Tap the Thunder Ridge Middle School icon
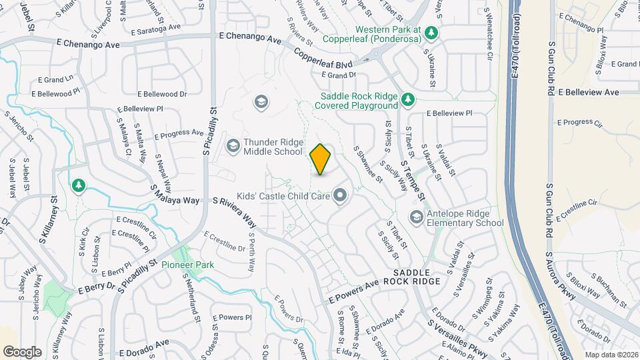(233, 145)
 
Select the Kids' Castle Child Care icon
(341, 195)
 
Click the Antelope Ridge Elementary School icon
(417, 217)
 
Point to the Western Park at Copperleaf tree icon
(431, 31)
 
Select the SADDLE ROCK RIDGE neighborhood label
(417, 277)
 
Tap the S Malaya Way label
(175, 195)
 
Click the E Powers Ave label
(353, 293)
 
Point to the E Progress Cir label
(579, 123)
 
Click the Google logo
(22, 351)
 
